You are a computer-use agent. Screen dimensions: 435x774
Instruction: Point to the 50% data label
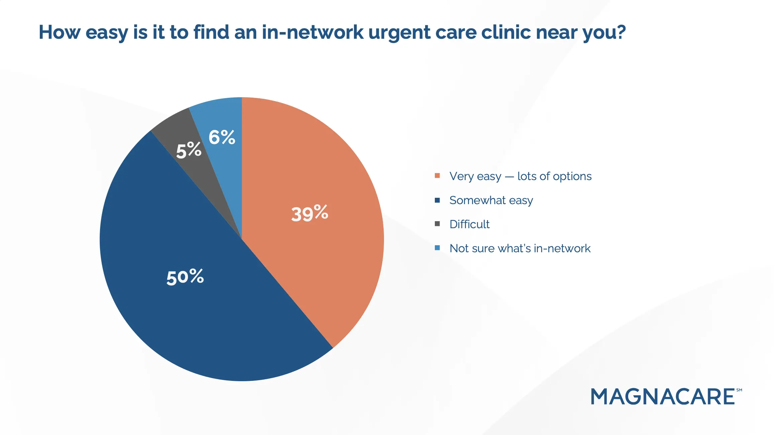coord(185,277)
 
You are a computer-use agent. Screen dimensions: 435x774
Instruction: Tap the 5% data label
coord(189,150)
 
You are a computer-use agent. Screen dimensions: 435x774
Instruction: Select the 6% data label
coord(222,137)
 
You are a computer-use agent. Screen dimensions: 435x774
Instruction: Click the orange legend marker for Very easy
coord(437,176)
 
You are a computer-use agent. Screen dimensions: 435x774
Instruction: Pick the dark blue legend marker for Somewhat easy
coord(437,200)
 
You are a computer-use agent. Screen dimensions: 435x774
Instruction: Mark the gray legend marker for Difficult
coord(437,224)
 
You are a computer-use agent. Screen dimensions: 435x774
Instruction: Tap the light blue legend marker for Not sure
coord(437,248)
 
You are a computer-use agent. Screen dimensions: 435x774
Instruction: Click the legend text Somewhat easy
coord(491,200)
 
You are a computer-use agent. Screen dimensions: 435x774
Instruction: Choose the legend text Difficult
coord(469,224)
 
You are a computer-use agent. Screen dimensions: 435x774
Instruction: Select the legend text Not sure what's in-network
coord(520,248)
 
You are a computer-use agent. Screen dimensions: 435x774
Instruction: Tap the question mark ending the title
coord(621,32)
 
